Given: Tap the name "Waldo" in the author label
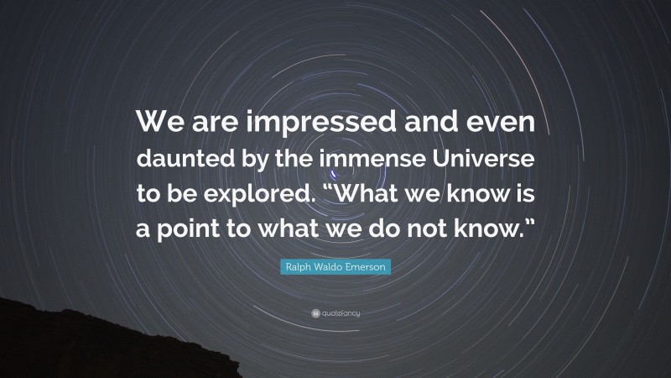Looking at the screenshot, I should point(327,268).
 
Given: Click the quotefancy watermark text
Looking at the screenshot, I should point(341,314).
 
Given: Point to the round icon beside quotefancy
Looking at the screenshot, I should point(314,314).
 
